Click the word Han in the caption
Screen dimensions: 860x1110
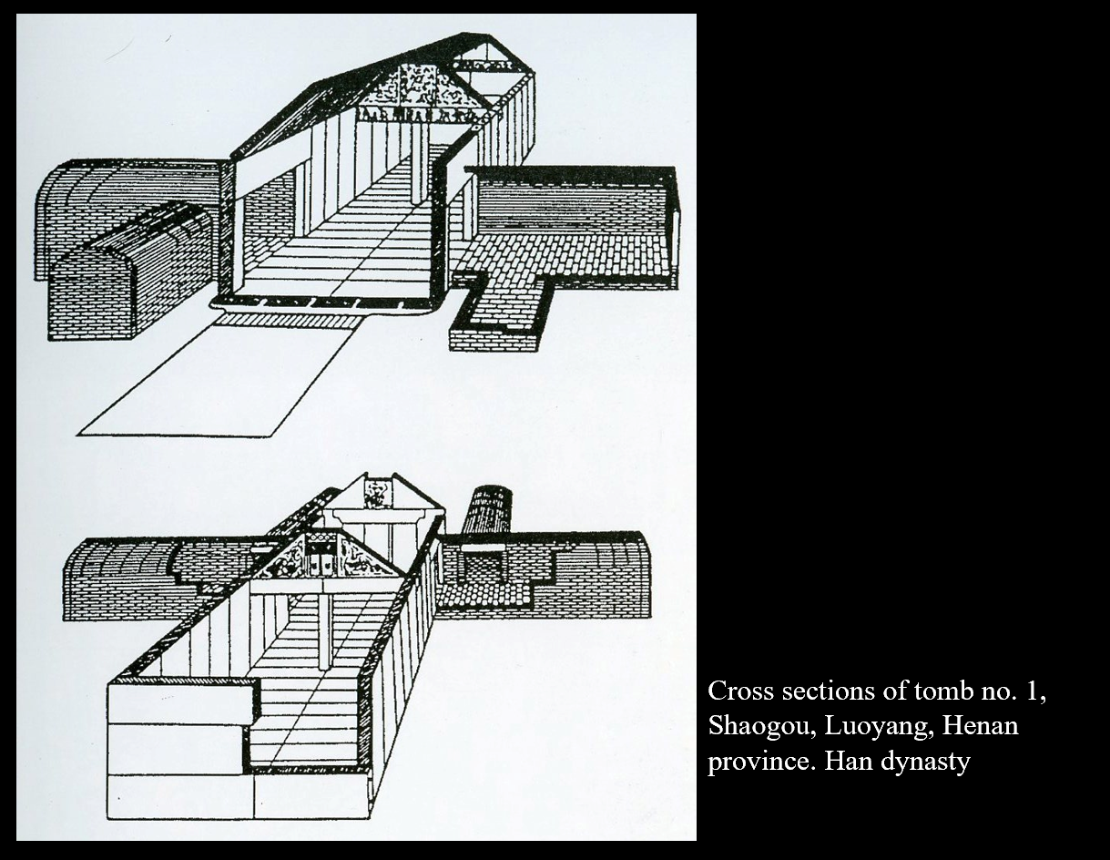(x=846, y=761)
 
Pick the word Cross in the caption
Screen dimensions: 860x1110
(x=736, y=691)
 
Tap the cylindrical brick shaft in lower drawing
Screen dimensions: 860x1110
(x=489, y=510)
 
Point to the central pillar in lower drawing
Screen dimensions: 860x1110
(x=325, y=629)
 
